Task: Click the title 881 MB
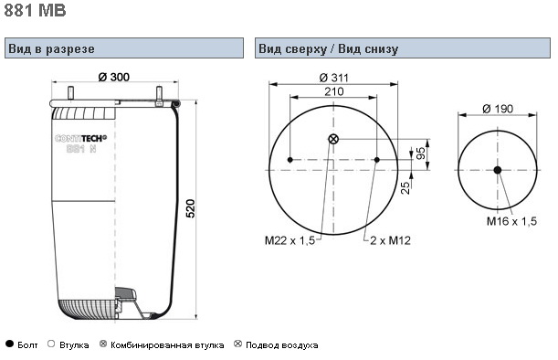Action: pyautogui.click(x=35, y=10)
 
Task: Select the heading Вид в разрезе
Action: pyautogui.click(x=52, y=48)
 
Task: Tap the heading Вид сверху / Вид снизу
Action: pyautogui.click(x=328, y=48)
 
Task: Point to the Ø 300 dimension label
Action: pyautogui.click(x=114, y=77)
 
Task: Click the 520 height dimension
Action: pyautogui.click(x=191, y=208)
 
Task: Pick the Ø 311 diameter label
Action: pyautogui.click(x=334, y=78)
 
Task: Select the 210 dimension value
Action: pyautogui.click(x=334, y=91)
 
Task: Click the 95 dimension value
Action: pyautogui.click(x=421, y=154)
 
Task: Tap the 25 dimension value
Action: pyautogui.click(x=405, y=187)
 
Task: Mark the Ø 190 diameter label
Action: pyautogui.click(x=498, y=109)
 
